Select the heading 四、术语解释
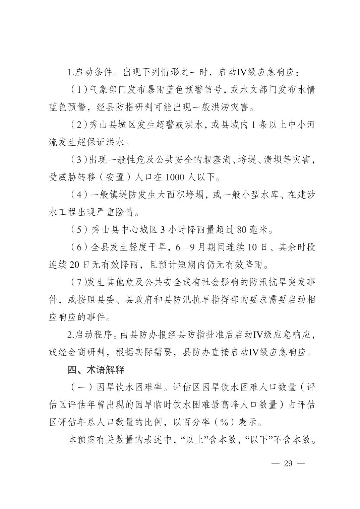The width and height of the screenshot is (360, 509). click(96, 370)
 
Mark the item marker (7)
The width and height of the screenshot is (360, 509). click(78, 282)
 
